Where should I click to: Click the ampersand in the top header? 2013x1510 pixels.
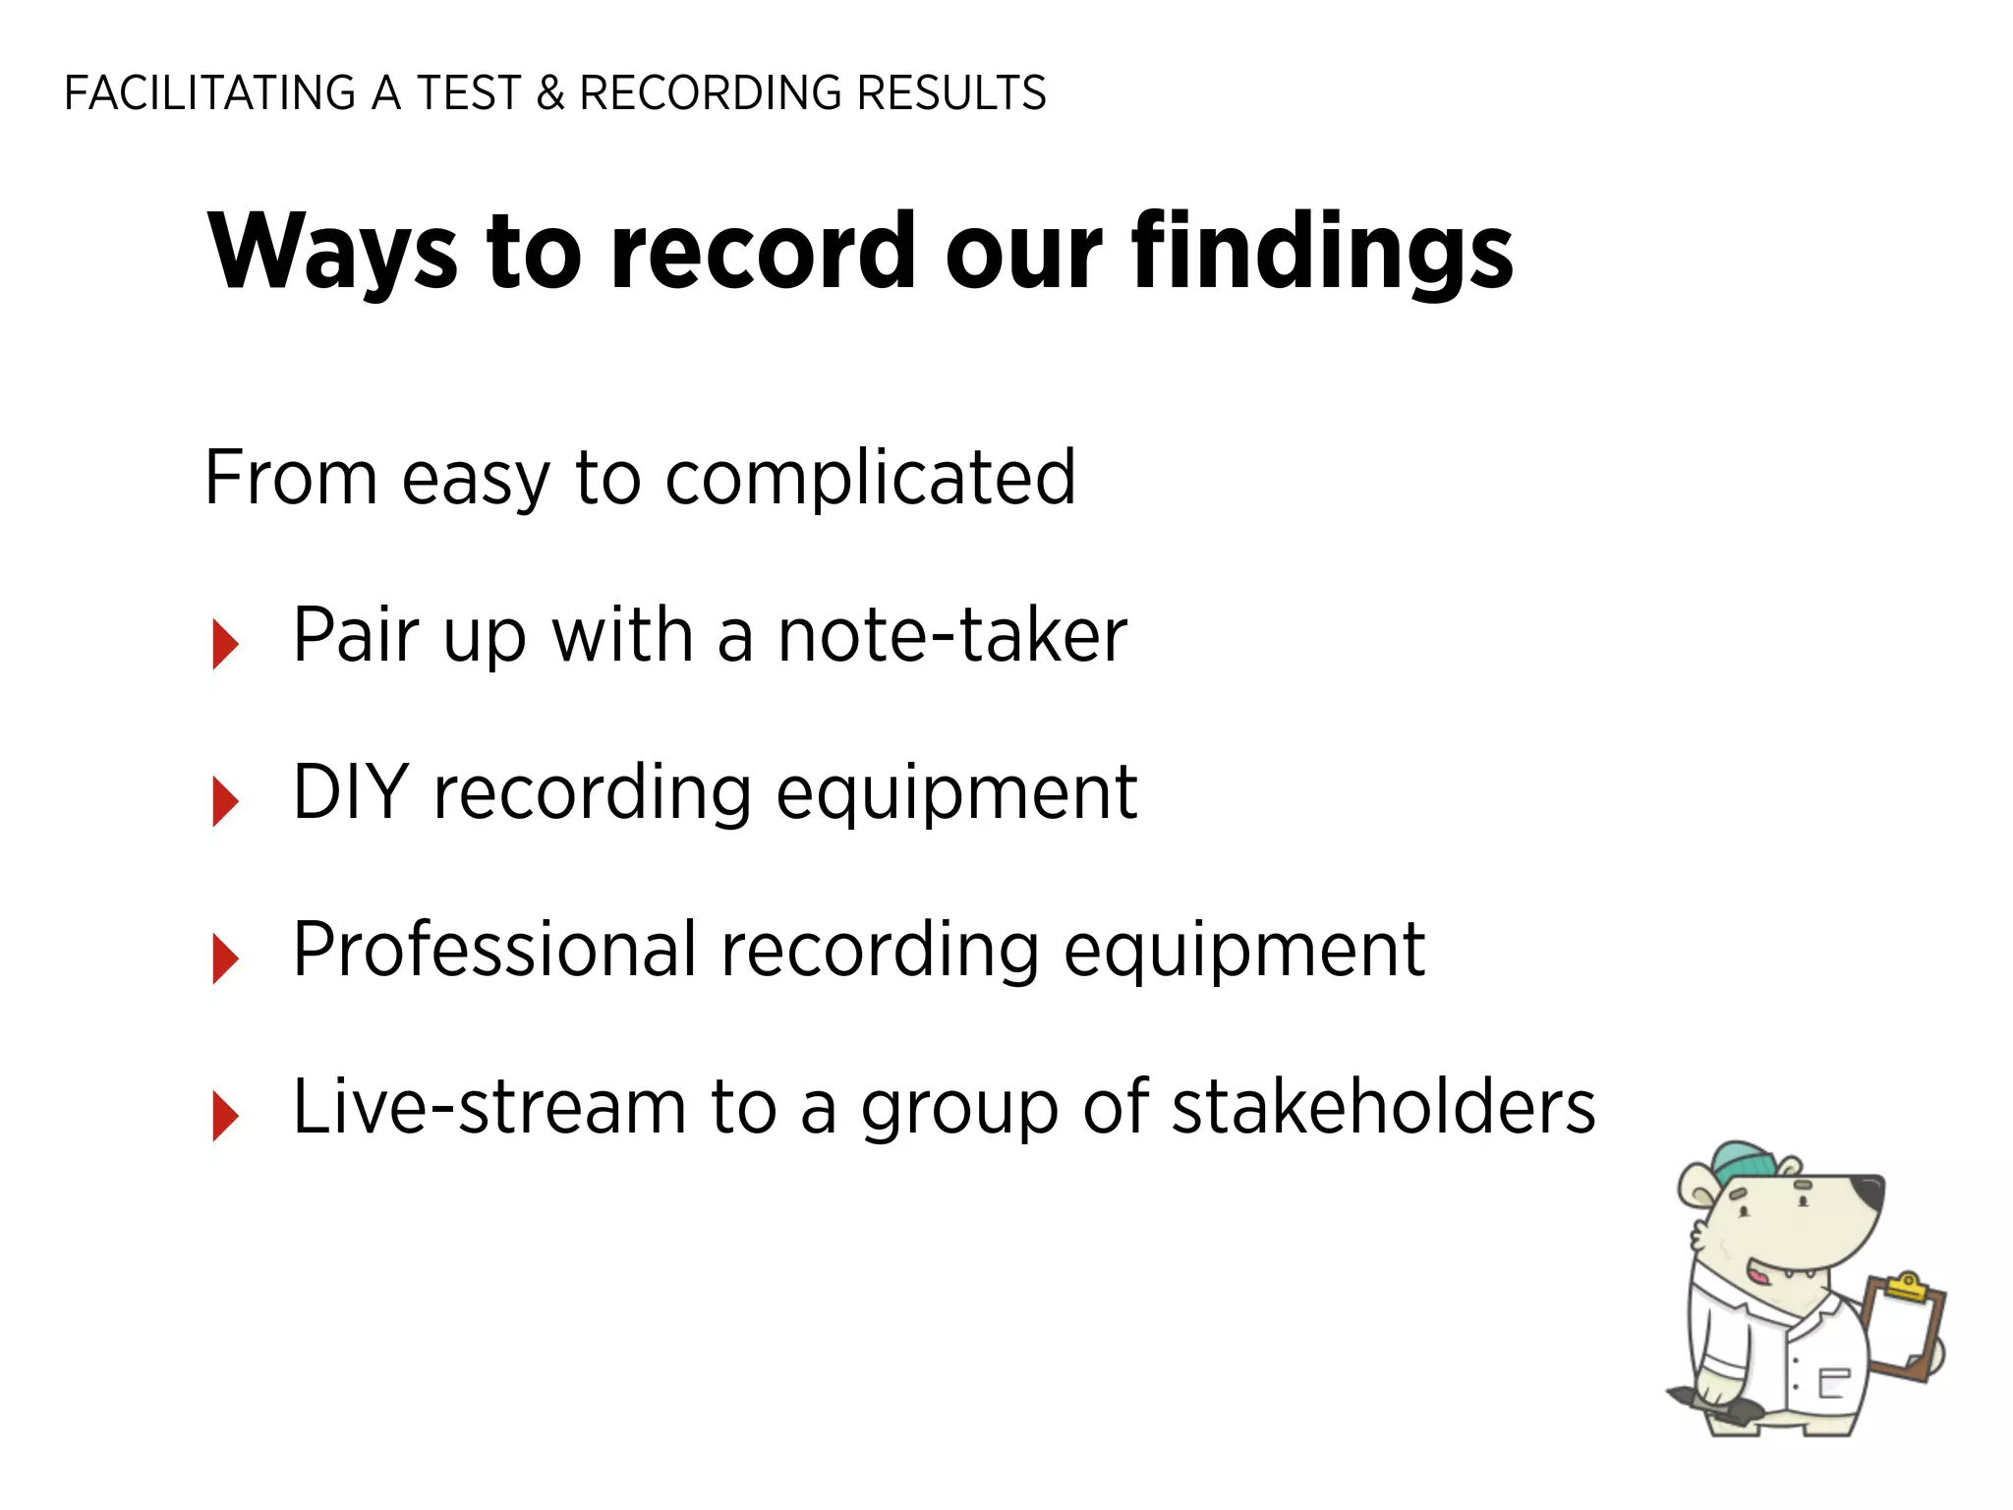tap(550, 93)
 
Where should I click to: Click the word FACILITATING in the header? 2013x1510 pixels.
tap(209, 93)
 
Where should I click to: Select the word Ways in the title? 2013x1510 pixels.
tap(332, 253)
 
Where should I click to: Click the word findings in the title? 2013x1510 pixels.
tap(1322, 253)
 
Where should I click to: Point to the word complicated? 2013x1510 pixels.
tap(870, 479)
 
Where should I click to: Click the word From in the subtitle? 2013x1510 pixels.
tap(291, 479)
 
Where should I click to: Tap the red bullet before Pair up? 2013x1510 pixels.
tap(225, 645)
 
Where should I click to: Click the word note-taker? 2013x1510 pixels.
tap(951, 636)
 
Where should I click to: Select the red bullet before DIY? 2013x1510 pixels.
tap(225, 801)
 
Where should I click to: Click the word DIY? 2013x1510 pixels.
tap(351, 792)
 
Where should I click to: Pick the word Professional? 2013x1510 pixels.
tap(494, 950)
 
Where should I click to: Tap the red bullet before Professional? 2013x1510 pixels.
tap(225, 958)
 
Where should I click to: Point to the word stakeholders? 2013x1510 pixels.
tap(1384, 1108)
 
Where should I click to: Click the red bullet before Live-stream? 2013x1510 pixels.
tap(225, 1117)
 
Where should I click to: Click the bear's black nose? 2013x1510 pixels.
tap(1866, 1192)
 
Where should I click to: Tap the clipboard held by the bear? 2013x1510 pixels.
tap(1903, 1327)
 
